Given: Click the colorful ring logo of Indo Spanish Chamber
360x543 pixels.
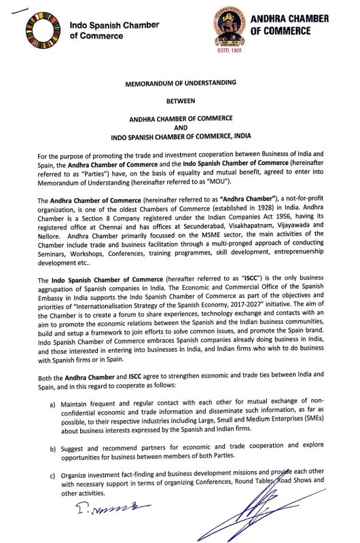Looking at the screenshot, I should [x=44, y=31].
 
